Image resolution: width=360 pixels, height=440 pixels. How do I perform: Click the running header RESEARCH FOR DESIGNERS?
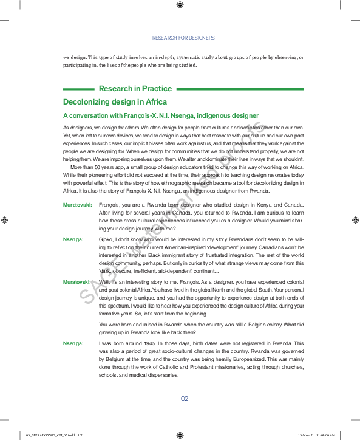[x=183, y=38]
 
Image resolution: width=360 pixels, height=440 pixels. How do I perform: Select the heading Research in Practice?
[x=135, y=89]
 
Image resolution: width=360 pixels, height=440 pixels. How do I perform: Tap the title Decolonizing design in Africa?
[x=115, y=102]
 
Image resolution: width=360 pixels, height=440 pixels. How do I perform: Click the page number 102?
[x=183, y=399]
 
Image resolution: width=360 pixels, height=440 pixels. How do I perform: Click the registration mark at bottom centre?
[x=180, y=435]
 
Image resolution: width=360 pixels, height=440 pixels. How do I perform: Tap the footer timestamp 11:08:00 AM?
[x=325, y=435]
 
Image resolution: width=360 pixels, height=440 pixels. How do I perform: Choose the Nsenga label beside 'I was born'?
[x=73, y=344]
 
